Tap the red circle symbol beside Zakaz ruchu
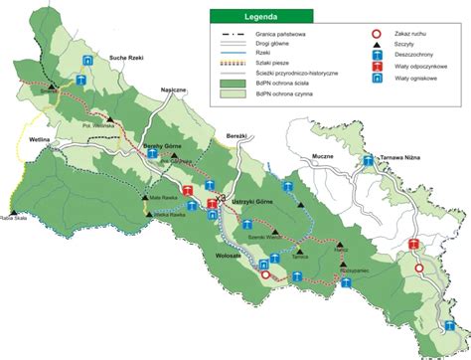coord(377,34)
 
